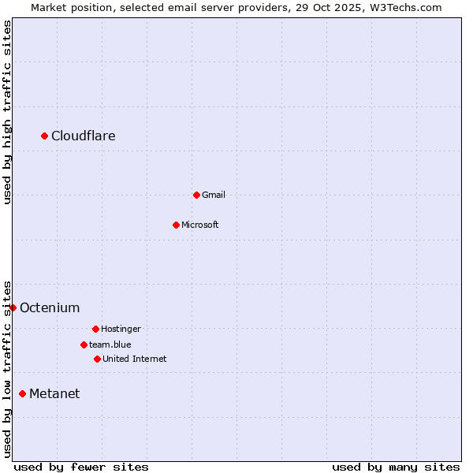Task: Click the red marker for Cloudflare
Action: [45, 136]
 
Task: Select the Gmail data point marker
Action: [196, 195]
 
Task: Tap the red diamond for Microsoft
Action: [176, 225]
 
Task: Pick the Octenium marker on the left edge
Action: [13, 307]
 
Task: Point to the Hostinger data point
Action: [95, 329]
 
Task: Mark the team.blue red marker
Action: [84, 345]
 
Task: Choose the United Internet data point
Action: [97, 359]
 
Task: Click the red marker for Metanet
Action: [23, 393]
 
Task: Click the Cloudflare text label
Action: [84, 136]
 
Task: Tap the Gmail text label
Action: [214, 195]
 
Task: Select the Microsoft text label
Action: [200, 225]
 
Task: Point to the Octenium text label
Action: [50, 307]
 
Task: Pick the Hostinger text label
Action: [121, 329]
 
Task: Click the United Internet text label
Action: [135, 359]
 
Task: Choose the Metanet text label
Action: [54, 393]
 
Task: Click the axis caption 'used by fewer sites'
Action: [81, 467]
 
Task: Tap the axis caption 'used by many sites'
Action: [396, 467]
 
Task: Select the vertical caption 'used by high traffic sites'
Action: [7, 112]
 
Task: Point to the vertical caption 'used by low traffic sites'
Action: [7, 368]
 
